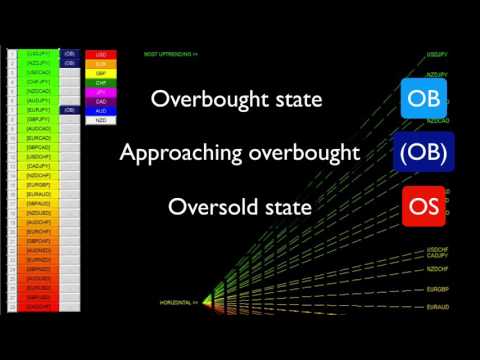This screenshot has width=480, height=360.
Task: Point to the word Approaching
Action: click(x=186, y=153)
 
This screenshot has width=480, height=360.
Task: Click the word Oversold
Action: click(x=212, y=208)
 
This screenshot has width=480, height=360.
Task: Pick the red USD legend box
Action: click(x=101, y=55)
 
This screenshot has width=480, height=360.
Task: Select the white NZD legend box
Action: click(x=101, y=119)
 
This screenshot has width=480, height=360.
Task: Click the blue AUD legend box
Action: click(x=101, y=110)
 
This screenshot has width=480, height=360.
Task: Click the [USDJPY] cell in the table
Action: click(x=39, y=53)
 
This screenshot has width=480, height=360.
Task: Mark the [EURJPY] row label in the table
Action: click(x=39, y=109)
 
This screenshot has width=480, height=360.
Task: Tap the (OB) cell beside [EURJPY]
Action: click(x=69, y=109)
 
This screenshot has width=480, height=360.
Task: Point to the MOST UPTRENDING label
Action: click(x=171, y=54)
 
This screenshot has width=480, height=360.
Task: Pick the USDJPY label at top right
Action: click(x=436, y=56)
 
